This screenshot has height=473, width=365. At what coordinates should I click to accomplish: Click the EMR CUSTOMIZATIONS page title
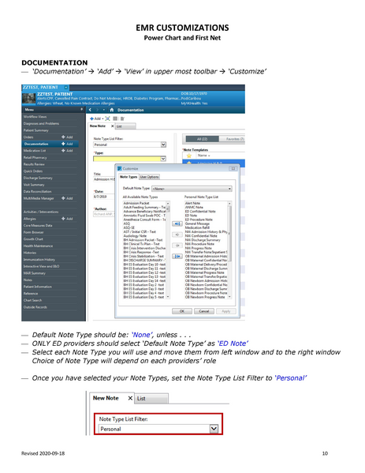coord(181,28)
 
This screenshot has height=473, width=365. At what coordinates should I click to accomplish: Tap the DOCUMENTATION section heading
coord(54,62)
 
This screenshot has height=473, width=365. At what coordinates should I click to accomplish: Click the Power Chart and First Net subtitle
coord(181,39)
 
